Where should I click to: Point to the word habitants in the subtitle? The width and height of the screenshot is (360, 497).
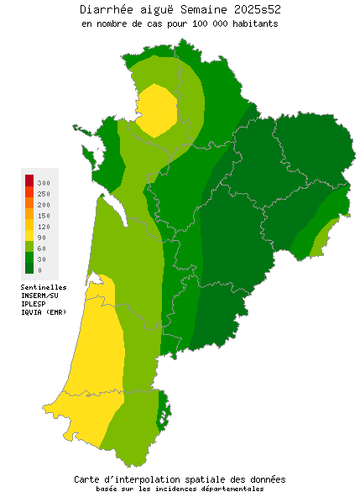256,24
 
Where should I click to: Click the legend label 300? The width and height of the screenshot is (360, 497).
44,182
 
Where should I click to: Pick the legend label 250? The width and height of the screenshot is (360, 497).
44,193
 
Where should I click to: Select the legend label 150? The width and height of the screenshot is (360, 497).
44,215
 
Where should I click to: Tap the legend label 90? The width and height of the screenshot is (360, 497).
42,237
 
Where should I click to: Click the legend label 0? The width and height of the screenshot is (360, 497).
39,269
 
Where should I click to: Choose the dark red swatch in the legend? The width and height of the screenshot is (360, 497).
29,180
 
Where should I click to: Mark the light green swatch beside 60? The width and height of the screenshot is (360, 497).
29,247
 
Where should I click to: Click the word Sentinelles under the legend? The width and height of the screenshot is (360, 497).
44,286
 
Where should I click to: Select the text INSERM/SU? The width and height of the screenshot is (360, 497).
39,296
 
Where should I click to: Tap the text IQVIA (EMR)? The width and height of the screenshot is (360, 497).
43,312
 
